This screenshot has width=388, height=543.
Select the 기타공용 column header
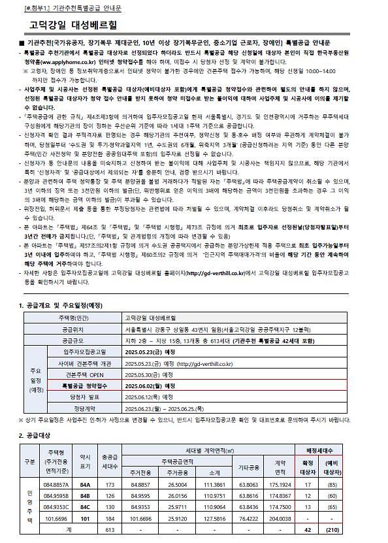248,468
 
